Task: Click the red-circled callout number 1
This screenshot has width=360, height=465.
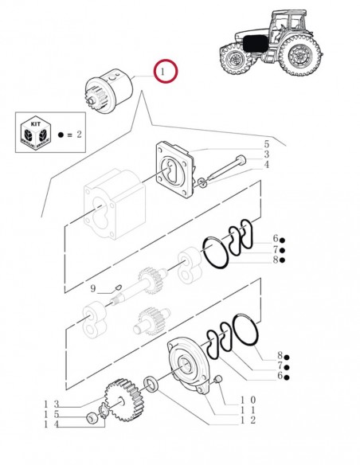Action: [x=162, y=72]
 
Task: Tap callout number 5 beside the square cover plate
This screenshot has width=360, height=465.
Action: [x=267, y=144]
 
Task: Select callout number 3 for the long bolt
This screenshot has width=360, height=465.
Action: [x=267, y=154]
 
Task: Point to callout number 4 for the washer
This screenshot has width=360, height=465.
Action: [x=267, y=164]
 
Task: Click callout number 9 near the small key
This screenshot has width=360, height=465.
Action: [x=93, y=288]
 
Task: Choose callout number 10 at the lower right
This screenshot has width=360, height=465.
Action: [x=248, y=400]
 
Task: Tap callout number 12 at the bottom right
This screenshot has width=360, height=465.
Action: [x=248, y=420]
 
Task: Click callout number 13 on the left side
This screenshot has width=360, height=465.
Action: [x=52, y=404]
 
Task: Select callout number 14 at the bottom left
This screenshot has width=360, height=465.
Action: [x=52, y=424]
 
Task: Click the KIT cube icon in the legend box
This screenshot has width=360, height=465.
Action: [x=36, y=132]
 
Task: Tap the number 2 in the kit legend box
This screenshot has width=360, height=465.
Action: [x=79, y=135]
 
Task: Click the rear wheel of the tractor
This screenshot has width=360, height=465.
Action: [x=300, y=56]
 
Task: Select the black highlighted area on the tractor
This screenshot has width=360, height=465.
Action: [x=255, y=44]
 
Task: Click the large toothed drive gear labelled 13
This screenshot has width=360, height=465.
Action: [x=123, y=400]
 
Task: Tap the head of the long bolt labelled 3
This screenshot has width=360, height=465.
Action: [x=241, y=160]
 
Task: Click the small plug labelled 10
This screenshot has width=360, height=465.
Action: [x=218, y=379]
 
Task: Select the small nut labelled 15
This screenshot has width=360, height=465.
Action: [x=91, y=419]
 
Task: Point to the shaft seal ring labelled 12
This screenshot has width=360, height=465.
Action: [x=151, y=384]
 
